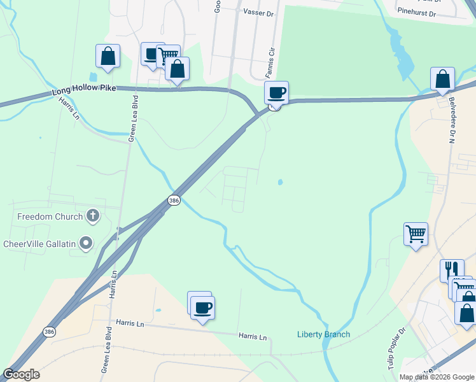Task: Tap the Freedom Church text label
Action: pos(50,216)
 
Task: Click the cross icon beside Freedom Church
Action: pos(93,216)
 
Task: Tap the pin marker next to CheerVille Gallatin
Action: pos(87,243)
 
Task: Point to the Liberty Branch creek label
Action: pos(323,335)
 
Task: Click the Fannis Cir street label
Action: pos(269,61)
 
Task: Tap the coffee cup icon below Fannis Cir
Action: pos(277,93)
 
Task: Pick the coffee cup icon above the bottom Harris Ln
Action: pos(202,308)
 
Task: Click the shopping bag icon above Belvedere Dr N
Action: pos(442,79)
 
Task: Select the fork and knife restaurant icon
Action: pos(451,270)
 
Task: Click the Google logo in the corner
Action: pos(21,374)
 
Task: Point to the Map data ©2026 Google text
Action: pos(437,377)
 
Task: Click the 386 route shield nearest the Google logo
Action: pos(49,332)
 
